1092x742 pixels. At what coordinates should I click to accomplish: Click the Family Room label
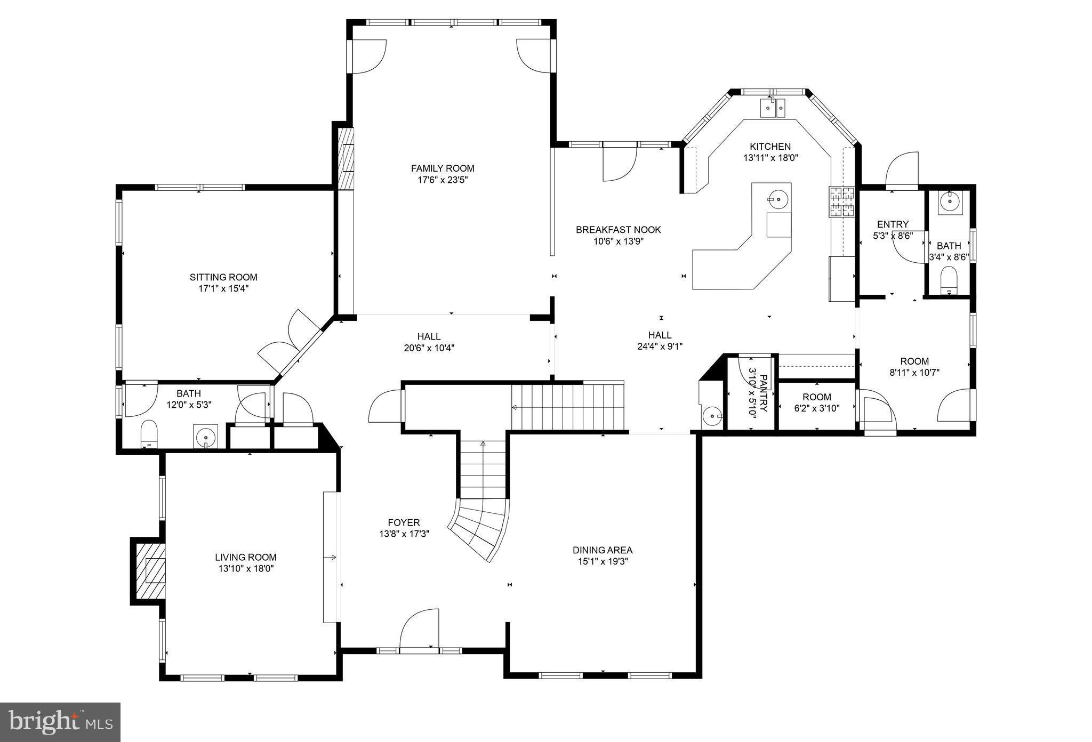[443, 168]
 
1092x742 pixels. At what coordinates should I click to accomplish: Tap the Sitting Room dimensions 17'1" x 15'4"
[223, 288]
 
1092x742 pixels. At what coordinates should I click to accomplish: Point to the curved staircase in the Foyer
[479, 528]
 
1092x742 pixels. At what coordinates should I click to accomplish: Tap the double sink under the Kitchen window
[773, 108]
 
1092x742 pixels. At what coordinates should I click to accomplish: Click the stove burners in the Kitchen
[841, 203]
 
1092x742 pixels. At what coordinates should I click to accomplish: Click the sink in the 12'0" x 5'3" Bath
[205, 438]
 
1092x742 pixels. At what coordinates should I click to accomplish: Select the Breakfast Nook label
[618, 230]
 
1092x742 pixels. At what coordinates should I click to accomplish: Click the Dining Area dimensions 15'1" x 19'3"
[603, 561]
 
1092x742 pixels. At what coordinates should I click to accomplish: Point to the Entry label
[893, 224]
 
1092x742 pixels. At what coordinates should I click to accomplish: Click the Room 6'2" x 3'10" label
[817, 397]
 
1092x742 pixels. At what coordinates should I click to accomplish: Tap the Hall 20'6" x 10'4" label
[429, 336]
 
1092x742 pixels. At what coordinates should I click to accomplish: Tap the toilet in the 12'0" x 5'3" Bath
[149, 433]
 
